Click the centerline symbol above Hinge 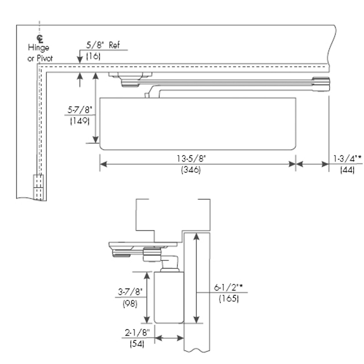coord(40,38)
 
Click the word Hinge coord(38,48)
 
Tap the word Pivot coord(44,59)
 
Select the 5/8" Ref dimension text coord(103,45)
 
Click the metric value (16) coord(93,56)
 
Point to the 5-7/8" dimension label coord(80,109)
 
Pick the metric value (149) coord(80,121)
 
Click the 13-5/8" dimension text coord(191,158)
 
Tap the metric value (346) coord(191,170)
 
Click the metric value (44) coord(347,170)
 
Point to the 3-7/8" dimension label coord(130,291)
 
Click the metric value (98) coord(130,303)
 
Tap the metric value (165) coord(229,299)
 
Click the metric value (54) coord(137,344)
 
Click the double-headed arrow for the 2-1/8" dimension coord(169,338)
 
